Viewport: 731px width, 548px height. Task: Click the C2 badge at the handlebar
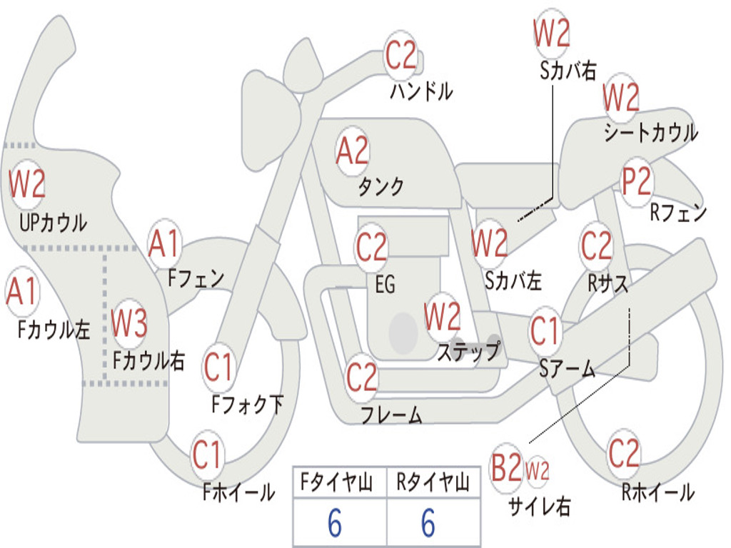tap(400, 55)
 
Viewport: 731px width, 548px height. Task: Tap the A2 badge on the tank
tap(353, 151)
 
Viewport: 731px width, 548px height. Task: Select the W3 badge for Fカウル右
tap(129, 323)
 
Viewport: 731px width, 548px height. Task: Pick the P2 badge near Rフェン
tap(637, 181)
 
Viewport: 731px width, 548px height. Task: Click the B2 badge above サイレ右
tap(506, 467)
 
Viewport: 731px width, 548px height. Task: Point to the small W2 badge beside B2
tap(537, 470)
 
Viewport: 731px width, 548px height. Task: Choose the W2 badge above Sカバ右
tap(552, 33)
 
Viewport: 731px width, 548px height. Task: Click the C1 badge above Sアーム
tap(545, 331)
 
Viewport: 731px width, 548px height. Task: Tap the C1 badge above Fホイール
tap(206, 455)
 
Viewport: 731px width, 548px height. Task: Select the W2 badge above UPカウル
tap(27, 183)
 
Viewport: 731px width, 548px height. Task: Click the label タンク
tap(380, 186)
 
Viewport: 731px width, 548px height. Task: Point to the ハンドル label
tap(421, 91)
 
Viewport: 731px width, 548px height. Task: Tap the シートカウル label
tap(651, 132)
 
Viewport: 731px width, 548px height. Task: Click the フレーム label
tap(392, 415)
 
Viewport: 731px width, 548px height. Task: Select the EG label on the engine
tap(385, 284)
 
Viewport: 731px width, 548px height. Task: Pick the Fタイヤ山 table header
tap(337, 482)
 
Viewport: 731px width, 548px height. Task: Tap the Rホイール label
tap(657, 492)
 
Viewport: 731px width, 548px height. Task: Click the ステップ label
tap(469, 350)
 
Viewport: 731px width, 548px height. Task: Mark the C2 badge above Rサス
tap(596, 245)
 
